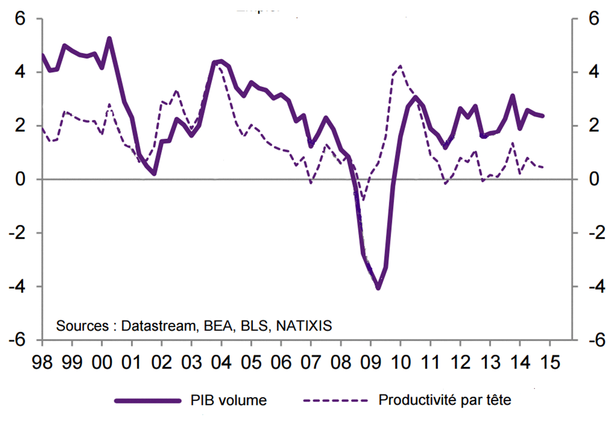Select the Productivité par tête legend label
tap(444, 401)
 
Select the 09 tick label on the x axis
tap(370, 362)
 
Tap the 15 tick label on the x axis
tap(550, 362)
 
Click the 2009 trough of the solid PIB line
tap(378, 288)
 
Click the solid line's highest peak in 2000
tap(110, 38)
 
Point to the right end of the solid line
tap(543, 116)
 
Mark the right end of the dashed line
tap(543, 167)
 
